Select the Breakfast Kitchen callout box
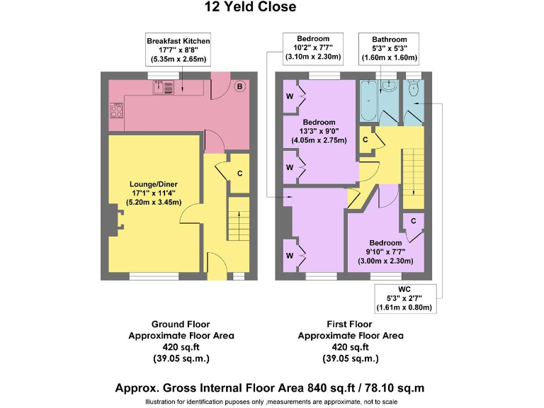tap(178, 50)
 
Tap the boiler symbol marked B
tap(239, 86)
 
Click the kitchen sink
tap(159, 87)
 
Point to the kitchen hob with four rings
tap(116, 110)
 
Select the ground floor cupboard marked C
tap(240, 173)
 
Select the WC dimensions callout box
tap(403, 299)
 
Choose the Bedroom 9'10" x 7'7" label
tap(385, 252)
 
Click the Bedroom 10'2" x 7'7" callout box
tap(312, 47)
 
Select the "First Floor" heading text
tap(351, 324)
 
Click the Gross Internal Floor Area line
tap(270, 387)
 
